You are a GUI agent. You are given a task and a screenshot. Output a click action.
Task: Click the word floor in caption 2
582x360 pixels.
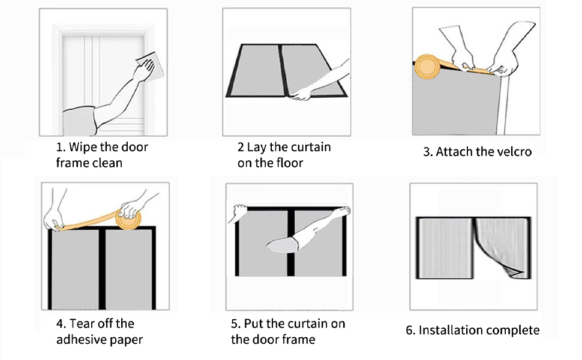click(x=287, y=163)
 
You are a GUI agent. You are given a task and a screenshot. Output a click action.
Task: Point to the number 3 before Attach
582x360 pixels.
click(x=427, y=152)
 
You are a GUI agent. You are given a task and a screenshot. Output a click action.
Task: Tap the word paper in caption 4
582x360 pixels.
click(x=125, y=340)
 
